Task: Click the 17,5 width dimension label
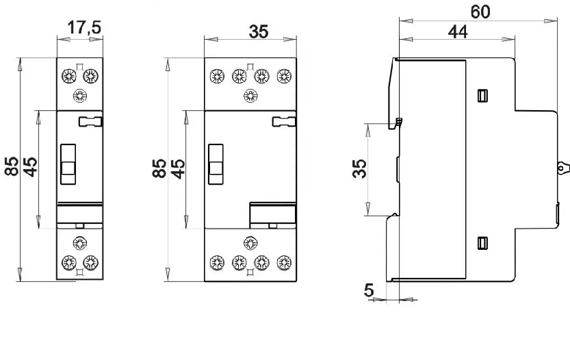coord(84,27)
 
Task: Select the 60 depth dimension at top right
coord(480,12)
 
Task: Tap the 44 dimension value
coord(458,32)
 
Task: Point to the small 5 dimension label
coord(369,290)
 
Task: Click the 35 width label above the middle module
coord(259,31)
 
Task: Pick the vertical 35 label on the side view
coord(359,168)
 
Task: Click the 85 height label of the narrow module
coord(12,166)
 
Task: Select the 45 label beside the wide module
coord(178,169)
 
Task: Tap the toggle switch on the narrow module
coord(68,164)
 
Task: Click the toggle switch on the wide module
coord(216,164)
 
